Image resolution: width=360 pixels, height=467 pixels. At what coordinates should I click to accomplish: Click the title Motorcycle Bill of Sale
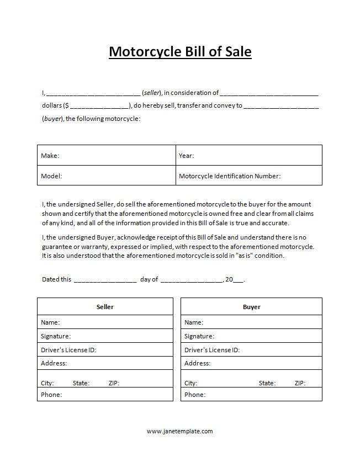(x=180, y=52)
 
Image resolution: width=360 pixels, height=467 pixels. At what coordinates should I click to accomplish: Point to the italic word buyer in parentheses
(x=52, y=119)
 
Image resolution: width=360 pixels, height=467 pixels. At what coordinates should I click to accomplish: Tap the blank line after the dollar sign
(x=99, y=105)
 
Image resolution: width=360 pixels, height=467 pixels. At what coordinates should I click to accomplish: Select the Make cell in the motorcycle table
(x=50, y=156)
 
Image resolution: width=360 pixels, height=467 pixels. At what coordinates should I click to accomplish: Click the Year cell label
(x=186, y=156)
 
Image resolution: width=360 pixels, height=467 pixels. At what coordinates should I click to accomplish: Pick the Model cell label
(x=51, y=176)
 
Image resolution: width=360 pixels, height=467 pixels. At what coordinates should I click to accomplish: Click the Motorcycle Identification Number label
(x=230, y=176)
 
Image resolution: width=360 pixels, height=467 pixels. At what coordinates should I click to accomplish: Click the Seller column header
(x=105, y=307)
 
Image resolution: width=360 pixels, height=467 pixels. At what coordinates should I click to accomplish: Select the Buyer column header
(x=251, y=307)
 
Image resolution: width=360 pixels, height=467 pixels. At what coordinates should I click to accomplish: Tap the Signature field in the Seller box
(x=56, y=336)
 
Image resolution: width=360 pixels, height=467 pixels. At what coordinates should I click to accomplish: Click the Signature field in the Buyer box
(x=199, y=336)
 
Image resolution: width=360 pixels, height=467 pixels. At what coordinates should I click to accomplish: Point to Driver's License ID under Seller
(x=69, y=350)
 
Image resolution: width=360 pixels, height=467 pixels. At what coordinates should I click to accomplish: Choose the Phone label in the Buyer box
(x=195, y=395)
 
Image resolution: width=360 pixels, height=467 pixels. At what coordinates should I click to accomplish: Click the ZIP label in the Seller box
(x=114, y=383)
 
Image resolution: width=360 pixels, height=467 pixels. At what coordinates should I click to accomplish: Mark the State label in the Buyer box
(x=267, y=383)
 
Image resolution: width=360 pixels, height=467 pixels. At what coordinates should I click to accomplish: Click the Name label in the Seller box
(x=50, y=322)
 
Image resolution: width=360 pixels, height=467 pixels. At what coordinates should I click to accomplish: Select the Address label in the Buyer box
(x=197, y=363)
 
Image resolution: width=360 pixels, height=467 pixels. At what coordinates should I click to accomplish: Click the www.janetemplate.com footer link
(x=179, y=431)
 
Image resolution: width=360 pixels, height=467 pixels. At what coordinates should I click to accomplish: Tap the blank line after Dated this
(x=105, y=279)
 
